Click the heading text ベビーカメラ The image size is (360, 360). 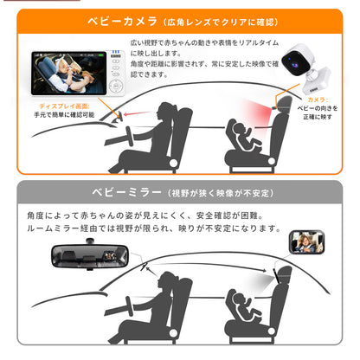tap(122, 19)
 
